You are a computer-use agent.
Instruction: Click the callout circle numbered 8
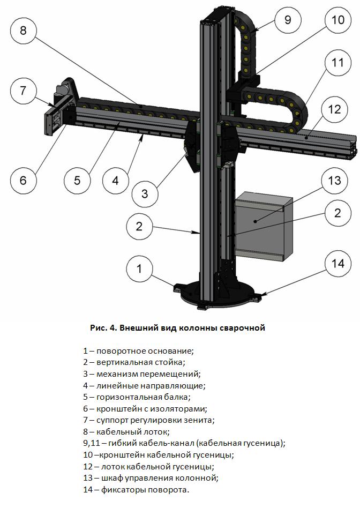coord(23,29)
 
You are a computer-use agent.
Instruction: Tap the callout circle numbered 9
coord(288,20)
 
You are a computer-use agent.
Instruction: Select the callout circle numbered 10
coord(337,20)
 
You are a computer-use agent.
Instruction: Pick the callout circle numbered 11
coord(337,63)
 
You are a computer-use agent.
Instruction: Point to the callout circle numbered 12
coord(334,110)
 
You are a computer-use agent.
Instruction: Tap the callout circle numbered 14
coord(338,263)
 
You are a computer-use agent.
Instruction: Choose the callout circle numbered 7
coord(23,90)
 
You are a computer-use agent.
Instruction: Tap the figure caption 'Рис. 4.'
coord(102,328)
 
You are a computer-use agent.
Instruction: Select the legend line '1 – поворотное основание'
coord(138,351)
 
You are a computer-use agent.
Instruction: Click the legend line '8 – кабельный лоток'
coord(126,431)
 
